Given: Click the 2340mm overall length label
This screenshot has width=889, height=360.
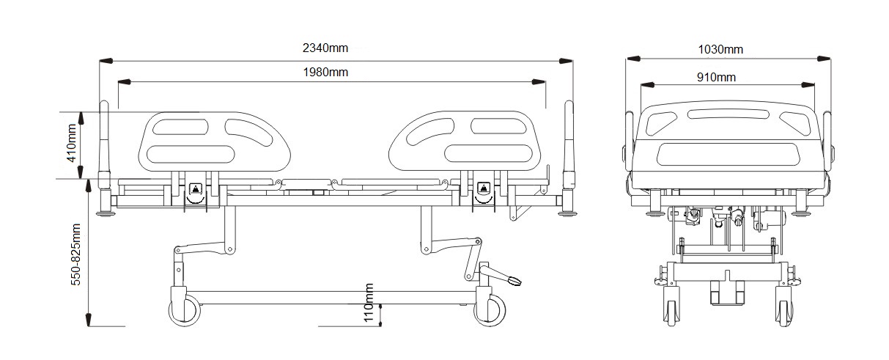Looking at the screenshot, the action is tap(325, 48).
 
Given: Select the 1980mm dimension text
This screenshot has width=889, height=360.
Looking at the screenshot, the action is tap(325, 73).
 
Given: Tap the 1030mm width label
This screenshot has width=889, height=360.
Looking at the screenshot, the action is tap(720, 50).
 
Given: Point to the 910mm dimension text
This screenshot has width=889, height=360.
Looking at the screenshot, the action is tap(716, 77).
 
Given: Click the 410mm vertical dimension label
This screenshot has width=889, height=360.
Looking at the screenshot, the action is tap(71, 143).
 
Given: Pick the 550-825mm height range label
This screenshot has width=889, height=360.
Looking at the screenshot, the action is tap(75, 254).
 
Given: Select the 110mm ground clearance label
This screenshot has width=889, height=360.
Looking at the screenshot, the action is tap(369, 303).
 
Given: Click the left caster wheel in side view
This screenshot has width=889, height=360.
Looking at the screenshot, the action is tap(185, 310).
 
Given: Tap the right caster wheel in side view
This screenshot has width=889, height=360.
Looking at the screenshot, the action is tap(490, 310).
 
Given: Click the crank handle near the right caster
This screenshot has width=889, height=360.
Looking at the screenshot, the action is tap(501, 276).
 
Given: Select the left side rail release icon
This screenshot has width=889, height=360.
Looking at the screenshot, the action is tap(195, 189).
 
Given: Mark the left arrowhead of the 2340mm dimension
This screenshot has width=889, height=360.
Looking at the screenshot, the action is tap(106, 61).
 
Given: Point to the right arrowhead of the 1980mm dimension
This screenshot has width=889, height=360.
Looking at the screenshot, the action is tap(539, 82).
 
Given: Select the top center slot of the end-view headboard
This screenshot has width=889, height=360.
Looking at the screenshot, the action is tap(728, 114).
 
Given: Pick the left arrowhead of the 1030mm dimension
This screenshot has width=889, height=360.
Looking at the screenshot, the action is tap(633, 59).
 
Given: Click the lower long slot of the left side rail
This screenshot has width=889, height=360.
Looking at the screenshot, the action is tap(191, 154).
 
